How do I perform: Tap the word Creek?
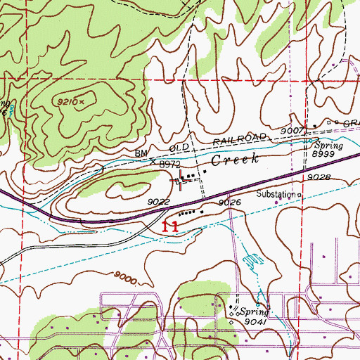[x=236, y=160]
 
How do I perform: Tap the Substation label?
[x=276, y=194]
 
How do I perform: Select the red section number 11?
[x=169, y=226]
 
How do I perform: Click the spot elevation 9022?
[x=157, y=202]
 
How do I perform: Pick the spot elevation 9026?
[x=229, y=202]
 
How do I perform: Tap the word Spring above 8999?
[x=328, y=146]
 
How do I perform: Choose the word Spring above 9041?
[x=251, y=311]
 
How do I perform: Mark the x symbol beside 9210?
[x=82, y=101]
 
